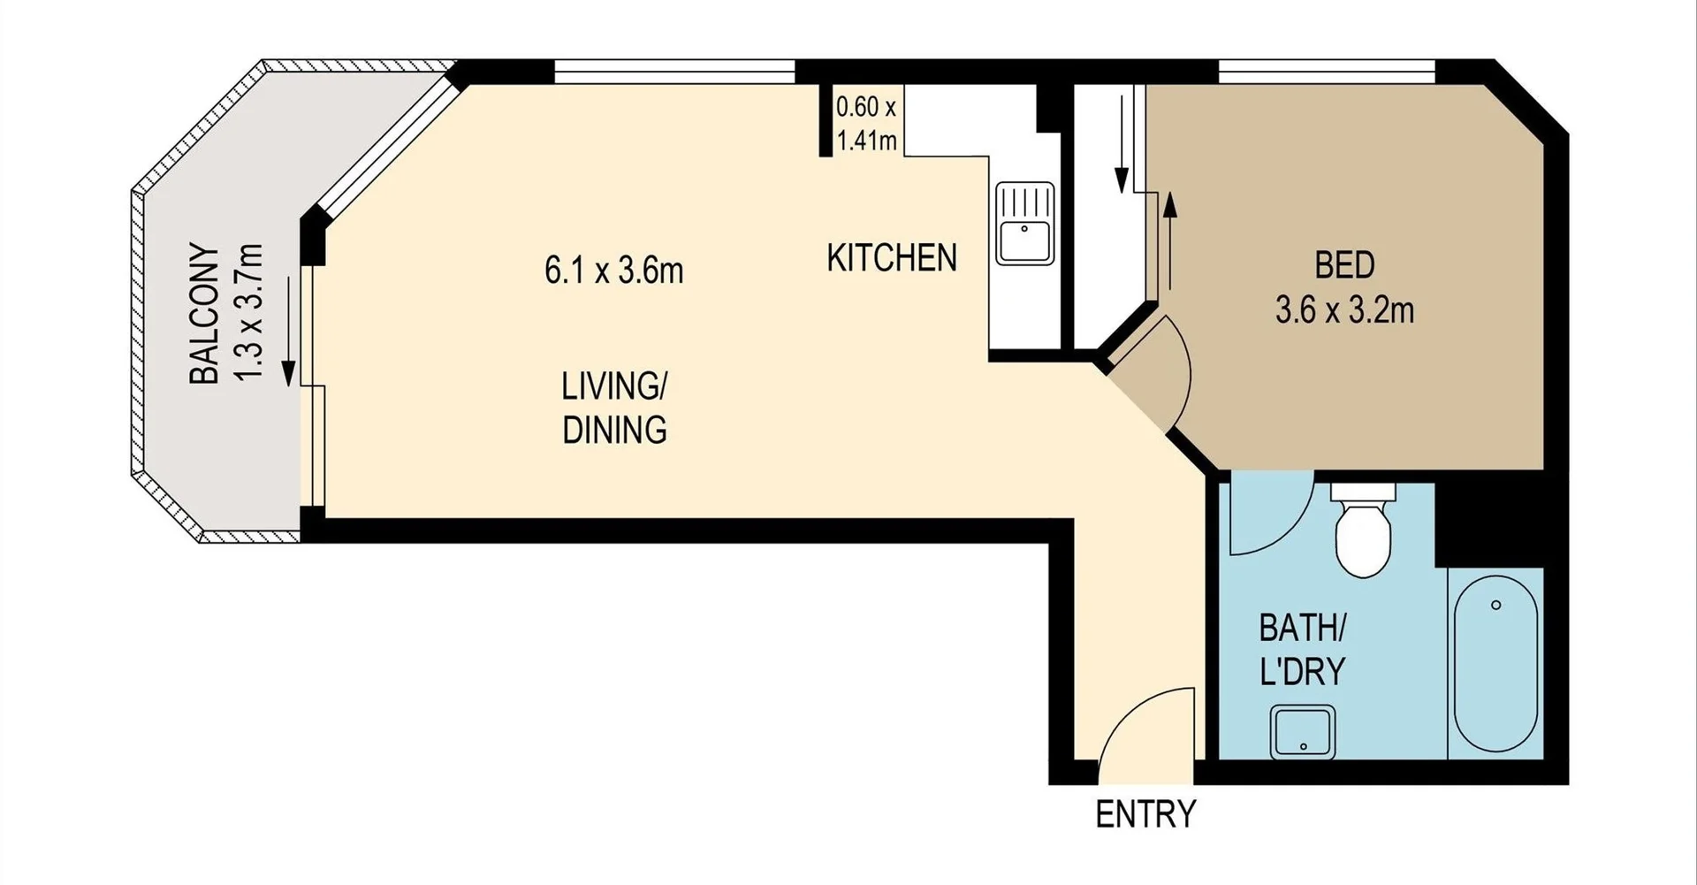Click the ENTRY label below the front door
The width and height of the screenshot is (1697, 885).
(1145, 813)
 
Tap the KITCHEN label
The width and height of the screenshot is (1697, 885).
(892, 258)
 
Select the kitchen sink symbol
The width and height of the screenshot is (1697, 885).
(1024, 224)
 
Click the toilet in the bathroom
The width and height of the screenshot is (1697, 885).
(1363, 530)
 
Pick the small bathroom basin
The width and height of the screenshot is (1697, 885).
(1303, 732)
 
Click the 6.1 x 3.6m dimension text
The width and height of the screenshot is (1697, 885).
(614, 271)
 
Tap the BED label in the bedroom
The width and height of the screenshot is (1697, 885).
(1344, 265)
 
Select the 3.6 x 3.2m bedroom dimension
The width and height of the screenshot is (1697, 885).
(1344, 310)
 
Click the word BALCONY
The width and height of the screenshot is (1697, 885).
(205, 314)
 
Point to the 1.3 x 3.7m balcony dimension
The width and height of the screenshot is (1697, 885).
(250, 314)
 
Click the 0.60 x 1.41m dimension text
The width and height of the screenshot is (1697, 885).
(866, 124)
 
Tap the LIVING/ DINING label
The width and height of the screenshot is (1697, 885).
(614, 408)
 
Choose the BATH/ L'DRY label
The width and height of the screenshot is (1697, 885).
(1302, 651)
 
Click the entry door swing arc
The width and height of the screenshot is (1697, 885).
(1134, 708)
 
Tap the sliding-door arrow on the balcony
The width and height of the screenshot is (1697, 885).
(288, 332)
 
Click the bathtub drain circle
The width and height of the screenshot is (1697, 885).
(1495, 605)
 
